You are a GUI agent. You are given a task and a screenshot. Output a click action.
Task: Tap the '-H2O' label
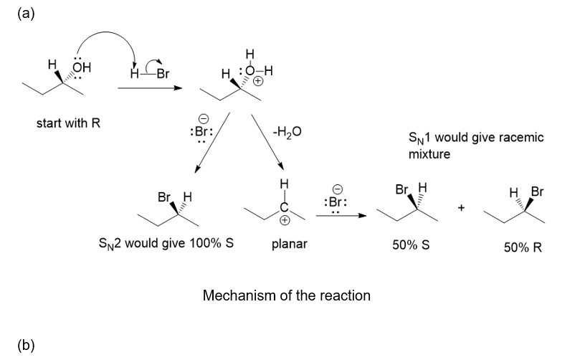pyautogui.click(x=287, y=131)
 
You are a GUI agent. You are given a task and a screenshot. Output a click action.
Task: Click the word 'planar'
pyautogui.click(x=290, y=244)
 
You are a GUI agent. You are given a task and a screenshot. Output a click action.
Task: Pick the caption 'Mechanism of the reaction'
pyautogui.click(x=287, y=295)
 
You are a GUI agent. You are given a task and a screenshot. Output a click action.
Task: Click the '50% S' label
pyautogui.click(x=411, y=244)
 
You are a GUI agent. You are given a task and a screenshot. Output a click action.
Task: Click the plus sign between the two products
pyautogui.click(x=462, y=208)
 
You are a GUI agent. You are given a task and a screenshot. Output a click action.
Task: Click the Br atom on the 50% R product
pyautogui.click(x=538, y=192)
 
